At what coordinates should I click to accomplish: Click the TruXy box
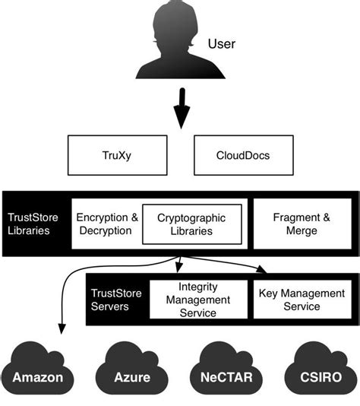pos(118,155)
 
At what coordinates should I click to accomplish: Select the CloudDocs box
pos(244,155)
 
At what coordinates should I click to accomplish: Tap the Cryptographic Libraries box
pos(192,224)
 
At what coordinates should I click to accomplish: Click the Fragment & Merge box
pos(302,224)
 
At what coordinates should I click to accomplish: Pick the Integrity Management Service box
pos(198,300)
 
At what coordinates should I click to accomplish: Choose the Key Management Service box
pos(302,300)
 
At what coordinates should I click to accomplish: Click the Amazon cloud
pos(37,369)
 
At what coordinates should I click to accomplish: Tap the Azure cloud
pos(132,369)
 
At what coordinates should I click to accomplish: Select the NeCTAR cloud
pos(226,369)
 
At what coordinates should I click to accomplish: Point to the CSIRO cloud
pos(321,369)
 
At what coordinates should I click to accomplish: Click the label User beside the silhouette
pos(222,44)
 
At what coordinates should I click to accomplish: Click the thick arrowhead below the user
pos(182,116)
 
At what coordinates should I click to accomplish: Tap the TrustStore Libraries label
pos(33,224)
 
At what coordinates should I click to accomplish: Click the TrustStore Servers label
pos(116,300)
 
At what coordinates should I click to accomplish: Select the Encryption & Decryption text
pos(107,224)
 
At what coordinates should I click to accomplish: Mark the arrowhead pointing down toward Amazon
pos(62,329)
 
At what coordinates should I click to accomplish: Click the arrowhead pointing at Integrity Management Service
pos(178,268)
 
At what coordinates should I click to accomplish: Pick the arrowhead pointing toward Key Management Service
pos(261,269)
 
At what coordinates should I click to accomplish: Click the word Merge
pos(302,230)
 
